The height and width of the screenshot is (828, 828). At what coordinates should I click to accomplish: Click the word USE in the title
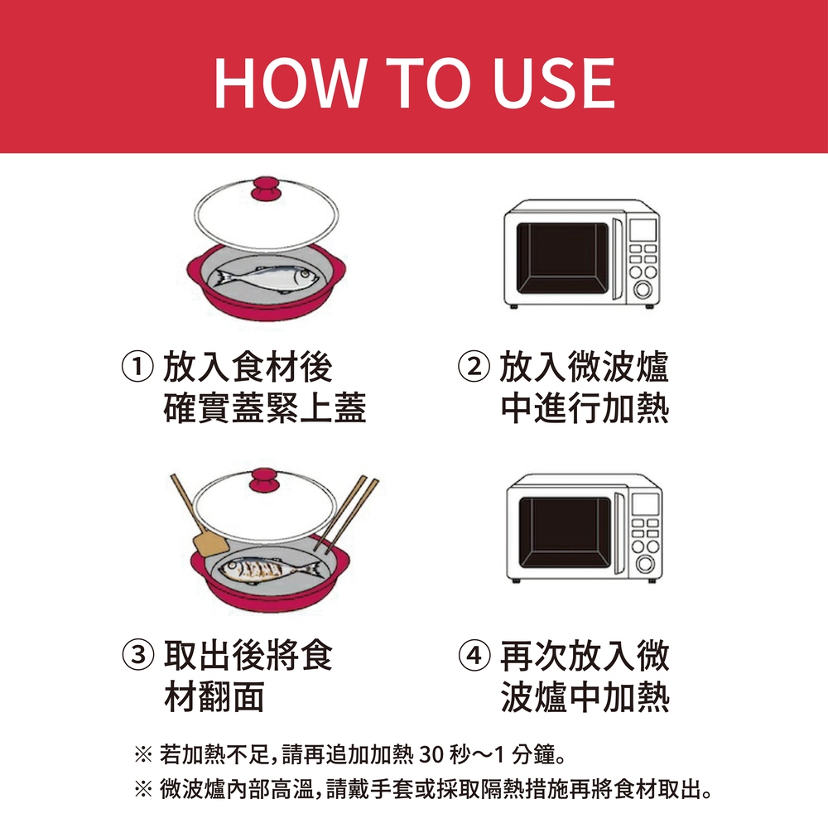(553, 83)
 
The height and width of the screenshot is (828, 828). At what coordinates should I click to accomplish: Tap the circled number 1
(137, 367)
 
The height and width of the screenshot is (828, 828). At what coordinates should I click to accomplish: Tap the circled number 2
(474, 367)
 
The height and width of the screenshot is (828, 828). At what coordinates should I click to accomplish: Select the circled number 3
(137, 655)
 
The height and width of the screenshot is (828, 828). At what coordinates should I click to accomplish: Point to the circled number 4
(474, 655)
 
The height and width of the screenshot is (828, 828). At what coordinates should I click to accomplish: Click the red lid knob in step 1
(267, 189)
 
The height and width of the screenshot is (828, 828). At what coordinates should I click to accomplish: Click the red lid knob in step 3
(265, 480)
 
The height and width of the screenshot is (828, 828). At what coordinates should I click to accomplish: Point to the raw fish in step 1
(267, 279)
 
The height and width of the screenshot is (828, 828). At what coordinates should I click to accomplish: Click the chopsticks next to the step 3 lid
(346, 513)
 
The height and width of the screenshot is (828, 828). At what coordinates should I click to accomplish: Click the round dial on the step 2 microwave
(643, 289)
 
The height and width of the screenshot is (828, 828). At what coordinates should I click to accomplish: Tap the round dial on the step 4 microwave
(645, 563)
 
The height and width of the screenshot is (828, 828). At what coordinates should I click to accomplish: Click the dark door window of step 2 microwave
(562, 258)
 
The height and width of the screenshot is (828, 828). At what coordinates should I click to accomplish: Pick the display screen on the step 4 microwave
(645, 504)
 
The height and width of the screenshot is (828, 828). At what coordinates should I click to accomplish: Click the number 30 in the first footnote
(431, 754)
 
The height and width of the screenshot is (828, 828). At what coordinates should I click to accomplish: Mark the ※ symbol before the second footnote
(143, 790)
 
